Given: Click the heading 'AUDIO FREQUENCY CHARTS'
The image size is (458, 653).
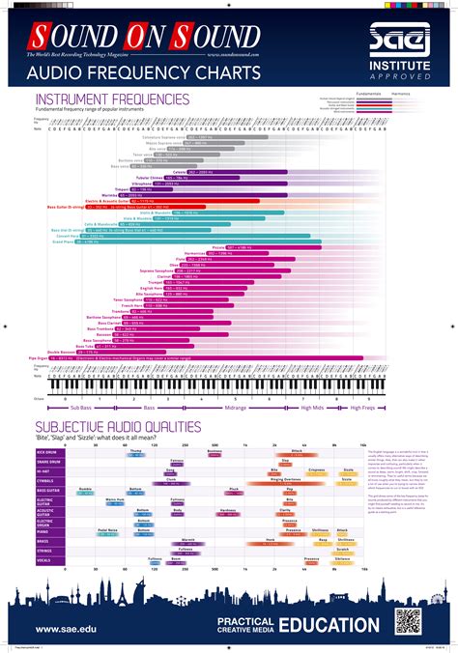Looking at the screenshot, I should click(132, 71).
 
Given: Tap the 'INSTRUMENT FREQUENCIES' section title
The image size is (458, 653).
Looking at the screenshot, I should click(112, 99).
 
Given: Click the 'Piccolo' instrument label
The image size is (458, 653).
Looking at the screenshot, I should click(217, 247).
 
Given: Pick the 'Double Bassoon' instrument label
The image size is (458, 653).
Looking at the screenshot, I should click(55, 352).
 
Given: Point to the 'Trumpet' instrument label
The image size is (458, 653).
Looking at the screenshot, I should click(158, 281).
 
